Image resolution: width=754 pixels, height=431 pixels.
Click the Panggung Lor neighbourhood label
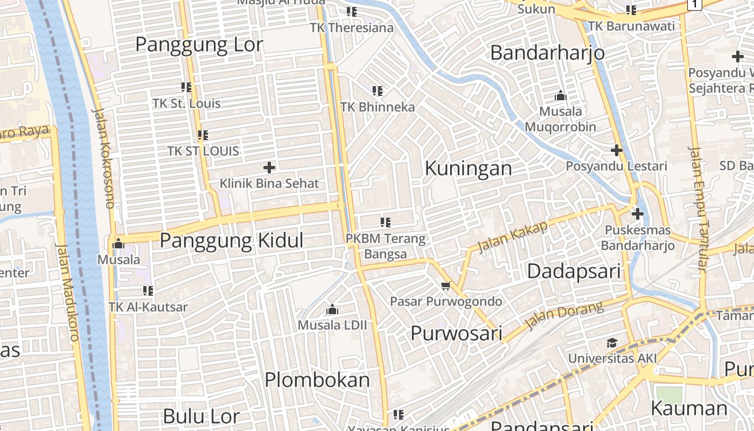[x=199, y=45]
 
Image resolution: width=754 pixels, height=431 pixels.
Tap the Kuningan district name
[x=468, y=168]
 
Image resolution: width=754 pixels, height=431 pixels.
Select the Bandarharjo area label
[x=547, y=53]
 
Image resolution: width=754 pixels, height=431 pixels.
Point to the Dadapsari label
[x=574, y=270]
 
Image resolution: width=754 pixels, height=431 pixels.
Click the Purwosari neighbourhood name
[x=456, y=333]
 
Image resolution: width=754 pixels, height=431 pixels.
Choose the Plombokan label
[x=317, y=380]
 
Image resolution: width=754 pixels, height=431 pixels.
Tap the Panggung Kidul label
[x=232, y=240]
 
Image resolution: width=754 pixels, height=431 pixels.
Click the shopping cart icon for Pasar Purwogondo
[x=445, y=286]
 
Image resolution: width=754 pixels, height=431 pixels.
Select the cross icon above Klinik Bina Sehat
[x=269, y=168]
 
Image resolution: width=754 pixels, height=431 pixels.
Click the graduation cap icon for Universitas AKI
[x=612, y=343]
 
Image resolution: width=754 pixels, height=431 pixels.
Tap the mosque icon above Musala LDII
[x=332, y=310]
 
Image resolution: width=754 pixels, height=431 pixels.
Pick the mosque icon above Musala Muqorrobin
[x=560, y=96]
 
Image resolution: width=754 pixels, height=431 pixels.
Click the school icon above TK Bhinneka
[x=378, y=91]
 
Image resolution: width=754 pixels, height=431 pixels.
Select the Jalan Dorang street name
[x=564, y=316]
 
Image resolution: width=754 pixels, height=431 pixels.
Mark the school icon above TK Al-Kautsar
[x=148, y=291]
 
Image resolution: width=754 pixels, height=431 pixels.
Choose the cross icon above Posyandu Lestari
[x=617, y=150]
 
